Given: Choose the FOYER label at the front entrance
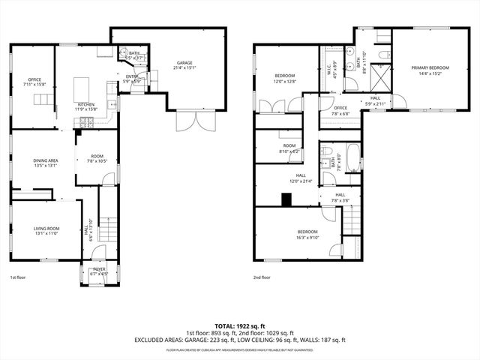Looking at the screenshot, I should (x=98, y=271).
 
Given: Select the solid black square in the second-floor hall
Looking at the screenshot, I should (x=286, y=199).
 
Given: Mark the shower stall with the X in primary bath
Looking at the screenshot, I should (x=379, y=78).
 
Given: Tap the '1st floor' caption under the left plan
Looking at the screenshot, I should (x=19, y=277).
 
